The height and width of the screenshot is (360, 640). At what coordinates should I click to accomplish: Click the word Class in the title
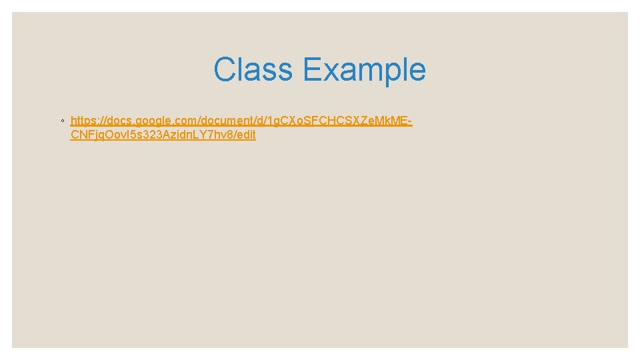point(253,69)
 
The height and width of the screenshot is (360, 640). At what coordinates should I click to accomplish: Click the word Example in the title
point(364,69)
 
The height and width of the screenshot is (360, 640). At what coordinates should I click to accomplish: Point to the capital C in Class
point(225,69)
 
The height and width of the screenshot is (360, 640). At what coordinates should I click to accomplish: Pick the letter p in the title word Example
point(387,72)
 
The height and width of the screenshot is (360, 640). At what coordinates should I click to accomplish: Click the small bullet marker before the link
point(61,121)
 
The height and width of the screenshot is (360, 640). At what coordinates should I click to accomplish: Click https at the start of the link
point(82,121)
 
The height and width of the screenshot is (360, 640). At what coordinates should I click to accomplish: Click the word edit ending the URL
point(245,135)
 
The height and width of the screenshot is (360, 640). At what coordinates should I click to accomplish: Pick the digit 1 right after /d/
point(265,121)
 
